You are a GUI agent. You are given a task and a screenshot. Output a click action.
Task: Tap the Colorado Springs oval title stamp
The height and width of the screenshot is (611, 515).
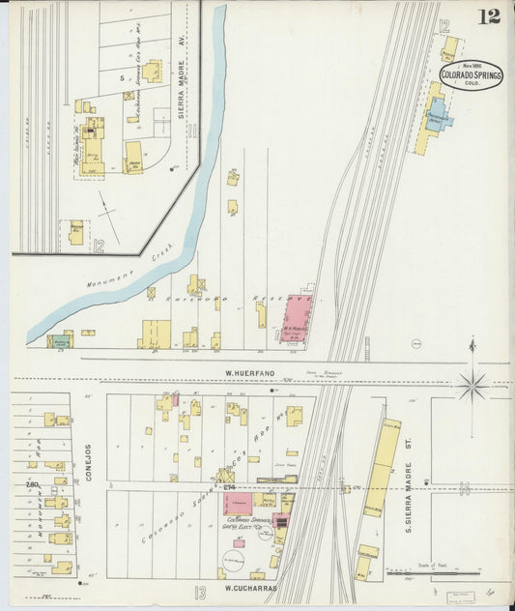[471, 75]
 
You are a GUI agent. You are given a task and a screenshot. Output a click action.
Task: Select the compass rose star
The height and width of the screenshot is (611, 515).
[472, 384]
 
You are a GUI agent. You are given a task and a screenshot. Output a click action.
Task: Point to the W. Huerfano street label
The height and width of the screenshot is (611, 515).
[245, 371]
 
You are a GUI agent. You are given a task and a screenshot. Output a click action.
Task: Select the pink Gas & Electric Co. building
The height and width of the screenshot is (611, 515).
[240, 504]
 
